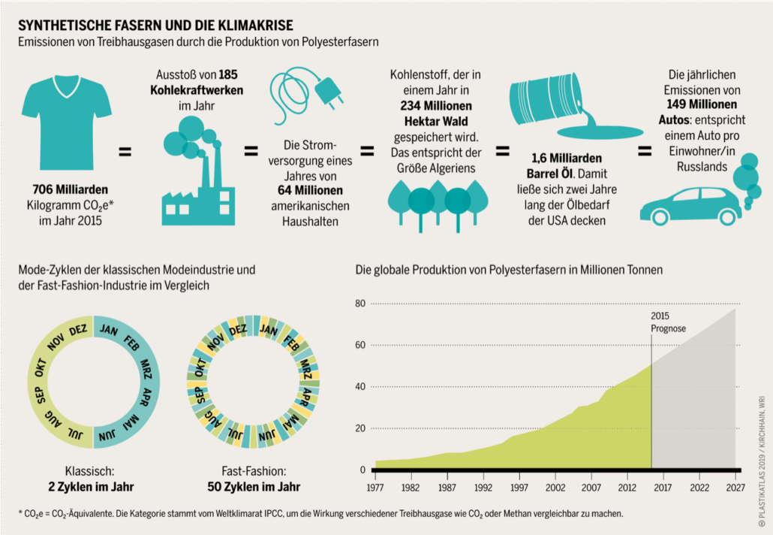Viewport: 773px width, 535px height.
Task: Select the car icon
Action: pos(690,205)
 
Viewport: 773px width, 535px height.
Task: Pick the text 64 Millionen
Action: pos(308,190)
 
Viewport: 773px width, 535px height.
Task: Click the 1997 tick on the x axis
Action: pos(519,487)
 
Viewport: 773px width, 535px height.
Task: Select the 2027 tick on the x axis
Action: pos(735,487)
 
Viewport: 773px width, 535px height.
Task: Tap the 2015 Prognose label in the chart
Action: pos(667,322)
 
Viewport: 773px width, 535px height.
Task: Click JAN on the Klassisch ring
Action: pos(109,329)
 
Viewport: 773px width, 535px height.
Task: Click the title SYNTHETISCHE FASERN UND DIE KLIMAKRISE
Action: pos(156,26)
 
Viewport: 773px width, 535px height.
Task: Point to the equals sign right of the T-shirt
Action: pos(125,152)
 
